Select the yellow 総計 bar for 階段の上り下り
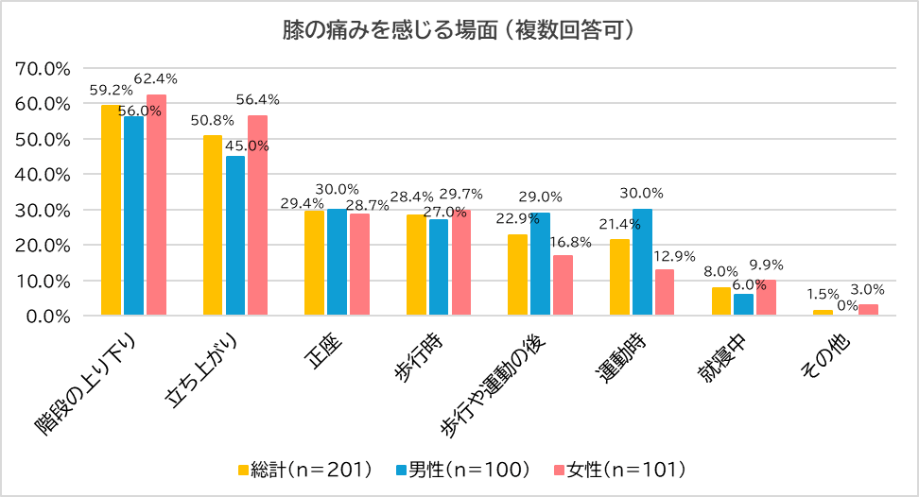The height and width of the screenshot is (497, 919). point(111,210)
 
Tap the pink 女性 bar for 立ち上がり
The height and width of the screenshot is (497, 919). point(258,215)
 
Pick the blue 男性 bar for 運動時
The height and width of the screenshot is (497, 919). point(642,262)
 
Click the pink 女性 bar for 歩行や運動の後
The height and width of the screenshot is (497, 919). point(563,285)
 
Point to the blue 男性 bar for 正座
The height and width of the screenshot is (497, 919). point(337,262)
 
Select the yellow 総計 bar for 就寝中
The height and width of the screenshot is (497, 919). point(721,301)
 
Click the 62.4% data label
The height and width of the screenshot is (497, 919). point(156,78)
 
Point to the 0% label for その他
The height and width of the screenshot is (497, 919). point(846,304)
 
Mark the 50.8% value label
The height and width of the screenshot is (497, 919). point(213,121)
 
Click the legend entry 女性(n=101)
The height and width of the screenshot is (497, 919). point(625,469)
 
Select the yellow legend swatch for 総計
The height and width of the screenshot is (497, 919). point(243,470)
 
